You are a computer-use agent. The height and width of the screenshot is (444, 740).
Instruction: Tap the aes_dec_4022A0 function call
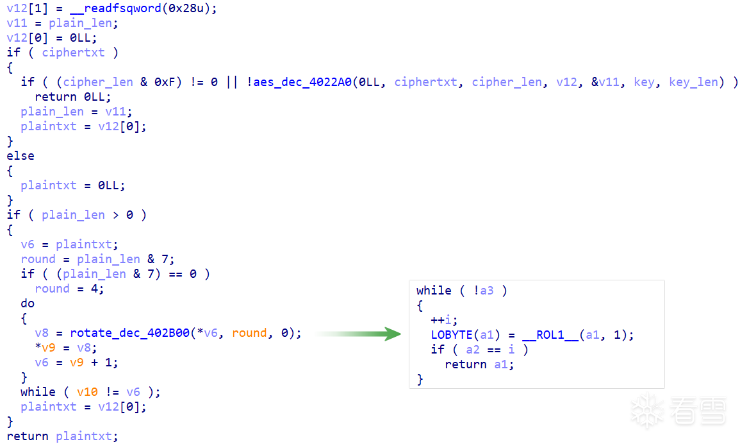(x=302, y=81)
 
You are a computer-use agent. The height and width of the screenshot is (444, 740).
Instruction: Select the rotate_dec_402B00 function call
(x=130, y=333)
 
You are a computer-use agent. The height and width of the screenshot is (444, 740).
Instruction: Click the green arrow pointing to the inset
(x=358, y=334)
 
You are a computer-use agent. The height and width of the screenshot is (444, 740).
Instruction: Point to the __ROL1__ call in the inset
(x=550, y=335)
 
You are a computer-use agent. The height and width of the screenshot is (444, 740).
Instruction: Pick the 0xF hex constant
(x=165, y=81)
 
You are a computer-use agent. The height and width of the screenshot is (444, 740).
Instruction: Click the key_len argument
(x=693, y=81)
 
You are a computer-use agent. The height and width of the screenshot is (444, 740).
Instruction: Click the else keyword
(x=21, y=155)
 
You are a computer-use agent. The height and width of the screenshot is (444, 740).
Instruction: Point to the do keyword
(x=28, y=303)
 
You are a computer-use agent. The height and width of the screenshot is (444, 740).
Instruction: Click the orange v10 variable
(x=87, y=392)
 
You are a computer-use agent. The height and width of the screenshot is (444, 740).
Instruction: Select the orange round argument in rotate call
(x=249, y=333)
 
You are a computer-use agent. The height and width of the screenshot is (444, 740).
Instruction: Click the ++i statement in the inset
(x=443, y=320)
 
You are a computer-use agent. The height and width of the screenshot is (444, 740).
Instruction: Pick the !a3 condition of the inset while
(x=483, y=290)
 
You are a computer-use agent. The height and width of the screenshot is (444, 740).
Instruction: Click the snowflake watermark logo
(x=648, y=411)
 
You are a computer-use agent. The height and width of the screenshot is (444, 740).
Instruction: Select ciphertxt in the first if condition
(x=73, y=53)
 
